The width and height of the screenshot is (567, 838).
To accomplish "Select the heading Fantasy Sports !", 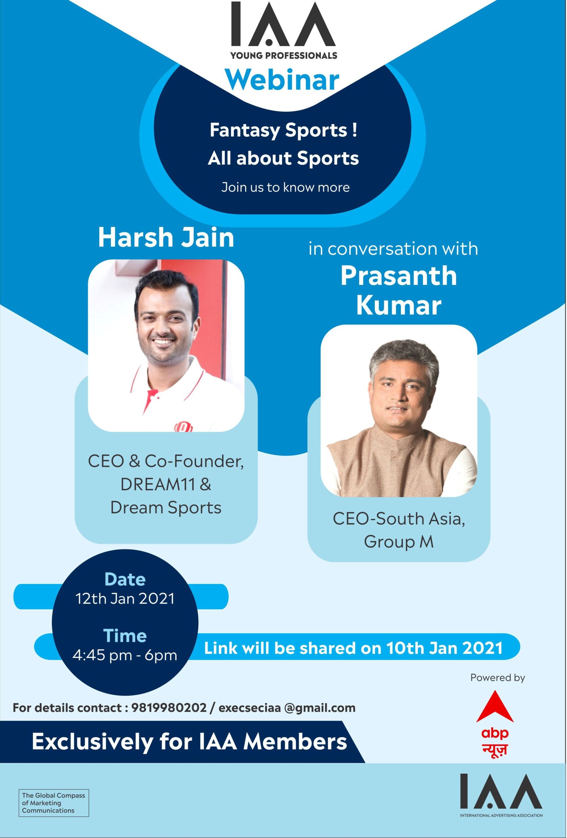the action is [x=283, y=130].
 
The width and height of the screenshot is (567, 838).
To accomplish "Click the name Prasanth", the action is [x=398, y=276].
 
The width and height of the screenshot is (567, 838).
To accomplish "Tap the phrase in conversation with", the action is [x=393, y=249].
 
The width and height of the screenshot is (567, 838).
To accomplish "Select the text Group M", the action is [x=398, y=542].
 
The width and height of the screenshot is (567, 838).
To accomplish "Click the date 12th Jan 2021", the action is [x=125, y=599].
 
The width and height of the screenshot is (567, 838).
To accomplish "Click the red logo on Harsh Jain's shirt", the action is [x=184, y=427].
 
